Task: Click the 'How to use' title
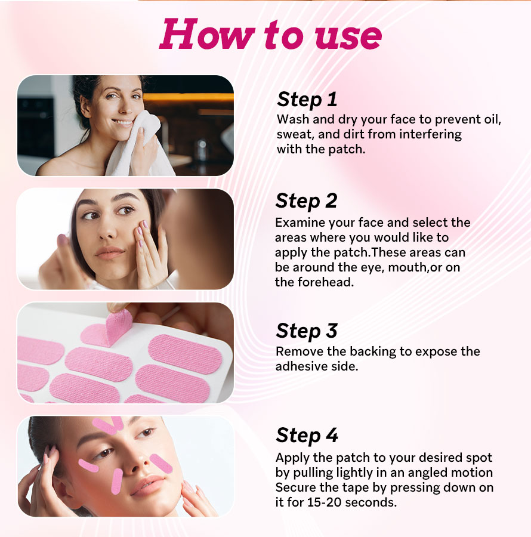coord(270,35)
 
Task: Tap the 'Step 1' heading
coord(307,100)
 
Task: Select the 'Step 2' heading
coord(307,200)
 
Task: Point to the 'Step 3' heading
coord(307,331)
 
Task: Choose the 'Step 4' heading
coord(307,436)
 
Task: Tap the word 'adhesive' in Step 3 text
coord(298,366)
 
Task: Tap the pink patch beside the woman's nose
coord(161,464)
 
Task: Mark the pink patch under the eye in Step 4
coord(88,465)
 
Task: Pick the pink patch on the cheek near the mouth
coord(117,481)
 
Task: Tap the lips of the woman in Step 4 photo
coord(148,485)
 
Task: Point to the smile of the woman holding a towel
coord(122,122)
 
